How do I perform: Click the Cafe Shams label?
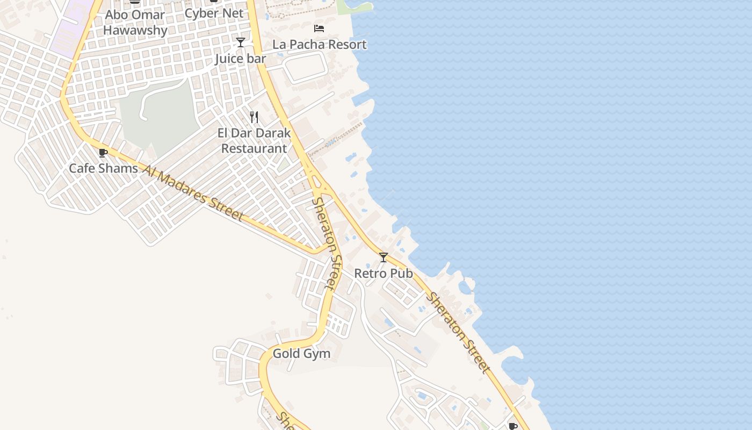103,168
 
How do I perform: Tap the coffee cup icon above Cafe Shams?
103,153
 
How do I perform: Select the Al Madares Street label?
193,192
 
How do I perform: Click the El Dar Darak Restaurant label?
254,141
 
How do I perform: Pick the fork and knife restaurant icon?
254,117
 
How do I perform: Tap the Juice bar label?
241,59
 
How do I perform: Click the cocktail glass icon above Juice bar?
241,42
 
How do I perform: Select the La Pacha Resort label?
320,45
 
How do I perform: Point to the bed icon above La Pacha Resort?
319,28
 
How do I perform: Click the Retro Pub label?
384,274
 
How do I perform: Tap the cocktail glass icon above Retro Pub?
383,257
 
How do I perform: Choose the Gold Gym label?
301,354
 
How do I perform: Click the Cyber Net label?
214,13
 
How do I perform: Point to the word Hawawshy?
135,30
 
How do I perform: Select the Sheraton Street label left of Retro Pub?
327,243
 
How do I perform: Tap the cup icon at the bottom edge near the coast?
513,426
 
